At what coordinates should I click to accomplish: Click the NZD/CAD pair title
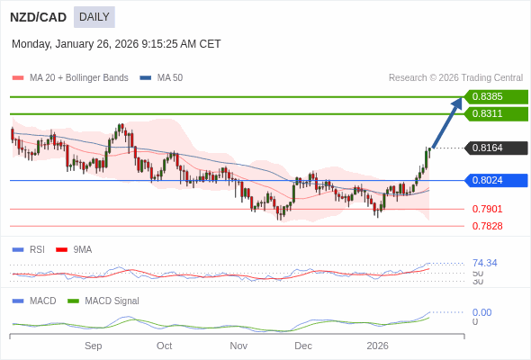pyautogui.click(x=38, y=17)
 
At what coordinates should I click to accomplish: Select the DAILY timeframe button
pyautogui.click(x=94, y=17)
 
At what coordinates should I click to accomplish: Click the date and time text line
pyautogui.click(x=116, y=44)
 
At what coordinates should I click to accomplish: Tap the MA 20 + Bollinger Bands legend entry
pyautogui.click(x=71, y=78)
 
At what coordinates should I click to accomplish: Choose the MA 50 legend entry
pyautogui.click(x=162, y=78)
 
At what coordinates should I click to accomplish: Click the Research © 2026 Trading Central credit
pyautogui.click(x=455, y=78)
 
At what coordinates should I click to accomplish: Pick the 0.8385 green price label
pyautogui.click(x=495, y=97)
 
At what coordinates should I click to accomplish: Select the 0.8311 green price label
pyautogui.click(x=495, y=114)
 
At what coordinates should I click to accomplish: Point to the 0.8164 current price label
pyautogui.click(x=495, y=148)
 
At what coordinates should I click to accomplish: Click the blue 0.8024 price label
pyautogui.click(x=495, y=181)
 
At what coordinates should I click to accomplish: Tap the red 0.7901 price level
pyautogui.click(x=487, y=210)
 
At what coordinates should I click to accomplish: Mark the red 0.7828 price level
pyautogui.click(x=487, y=227)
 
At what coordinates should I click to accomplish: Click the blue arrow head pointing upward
pyautogui.click(x=457, y=103)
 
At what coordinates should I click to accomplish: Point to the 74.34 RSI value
pyautogui.click(x=484, y=264)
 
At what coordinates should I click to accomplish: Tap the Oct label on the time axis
pyautogui.click(x=164, y=346)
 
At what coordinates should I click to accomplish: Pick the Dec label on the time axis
pyautogui.click(x=303, y=346)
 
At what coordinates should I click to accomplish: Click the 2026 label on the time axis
pyautogui.click(x=377, y=346)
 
